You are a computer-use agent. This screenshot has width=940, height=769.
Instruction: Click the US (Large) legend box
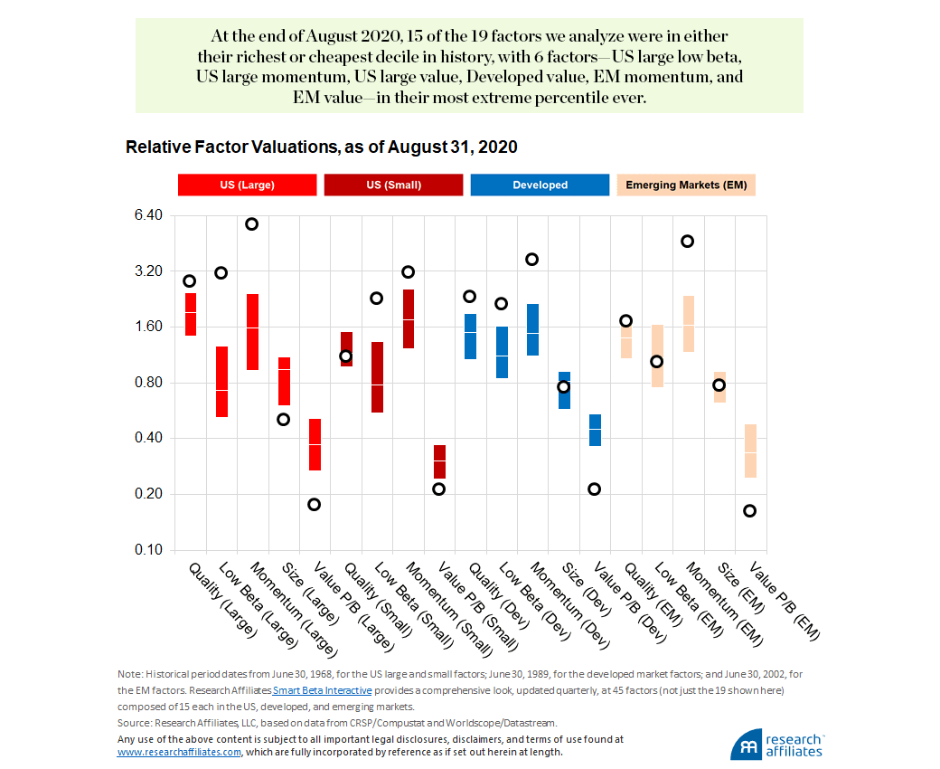pyautogui.click(x=247, y=185)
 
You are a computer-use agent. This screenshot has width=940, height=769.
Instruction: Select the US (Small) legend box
pyautogui.click(x=394, y=185)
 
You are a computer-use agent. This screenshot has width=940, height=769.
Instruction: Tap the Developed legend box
pyautogui.click(x=540, y=185)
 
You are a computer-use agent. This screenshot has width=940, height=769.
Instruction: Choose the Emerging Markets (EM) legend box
pyautogui.click(x=686, y=185)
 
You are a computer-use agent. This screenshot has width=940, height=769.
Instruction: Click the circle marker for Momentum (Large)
pyautogui.click(x=252, y=223)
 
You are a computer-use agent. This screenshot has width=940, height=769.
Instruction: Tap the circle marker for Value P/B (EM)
pyautogui.click(x=750, y=510)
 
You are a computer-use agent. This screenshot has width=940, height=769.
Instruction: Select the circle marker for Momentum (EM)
pyautogui.click(x=687, y=241)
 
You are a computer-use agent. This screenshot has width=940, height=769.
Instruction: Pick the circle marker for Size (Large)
pyautogui.click(x=283, y=419)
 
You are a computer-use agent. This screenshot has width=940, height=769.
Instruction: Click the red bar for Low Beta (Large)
pyautogui.click(x=221, y=381)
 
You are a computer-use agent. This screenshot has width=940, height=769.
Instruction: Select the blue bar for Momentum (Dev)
pyautogui.click(x=532, y=329)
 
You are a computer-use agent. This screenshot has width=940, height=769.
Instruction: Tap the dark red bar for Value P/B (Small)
pyautogui.click(x=439, y=461)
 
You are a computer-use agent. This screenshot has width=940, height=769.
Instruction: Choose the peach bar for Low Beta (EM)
pyautogui.click(x=657, y=356)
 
